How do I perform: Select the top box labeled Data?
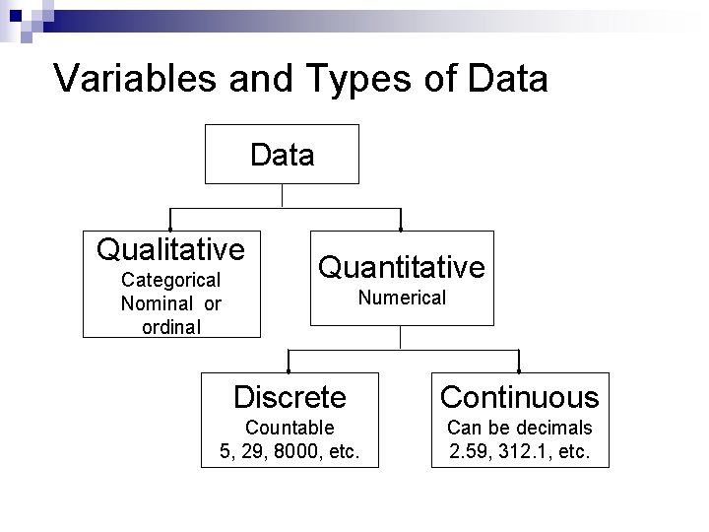[x=283, y=154]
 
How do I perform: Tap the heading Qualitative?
[x=170, y=247]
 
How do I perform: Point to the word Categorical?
[x=171, y=281]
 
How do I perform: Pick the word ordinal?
[x=171, y=326]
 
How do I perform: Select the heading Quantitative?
[x=401, y=266]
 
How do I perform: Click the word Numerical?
[x=401, y=298]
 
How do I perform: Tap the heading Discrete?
[x=290, y=397]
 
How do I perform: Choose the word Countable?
[x=290, y=428]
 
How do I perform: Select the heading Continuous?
[x=519, y=397]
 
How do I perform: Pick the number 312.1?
[x=528, y=452]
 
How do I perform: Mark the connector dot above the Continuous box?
[x=519, y=372]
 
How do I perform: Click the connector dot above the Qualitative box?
[x=171, y=229]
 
